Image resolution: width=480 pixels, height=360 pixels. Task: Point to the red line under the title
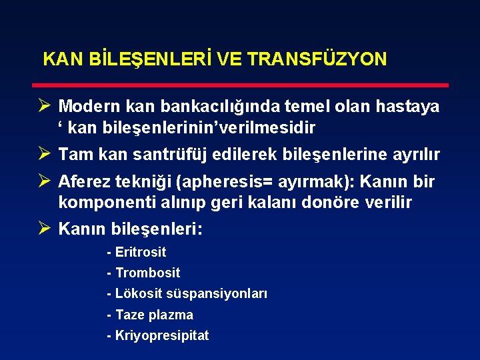(x=240, y=85)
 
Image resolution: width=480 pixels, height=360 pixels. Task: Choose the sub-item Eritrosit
(x=140, y=252)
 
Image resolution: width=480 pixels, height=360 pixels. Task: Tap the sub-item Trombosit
(x=147, y=273)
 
